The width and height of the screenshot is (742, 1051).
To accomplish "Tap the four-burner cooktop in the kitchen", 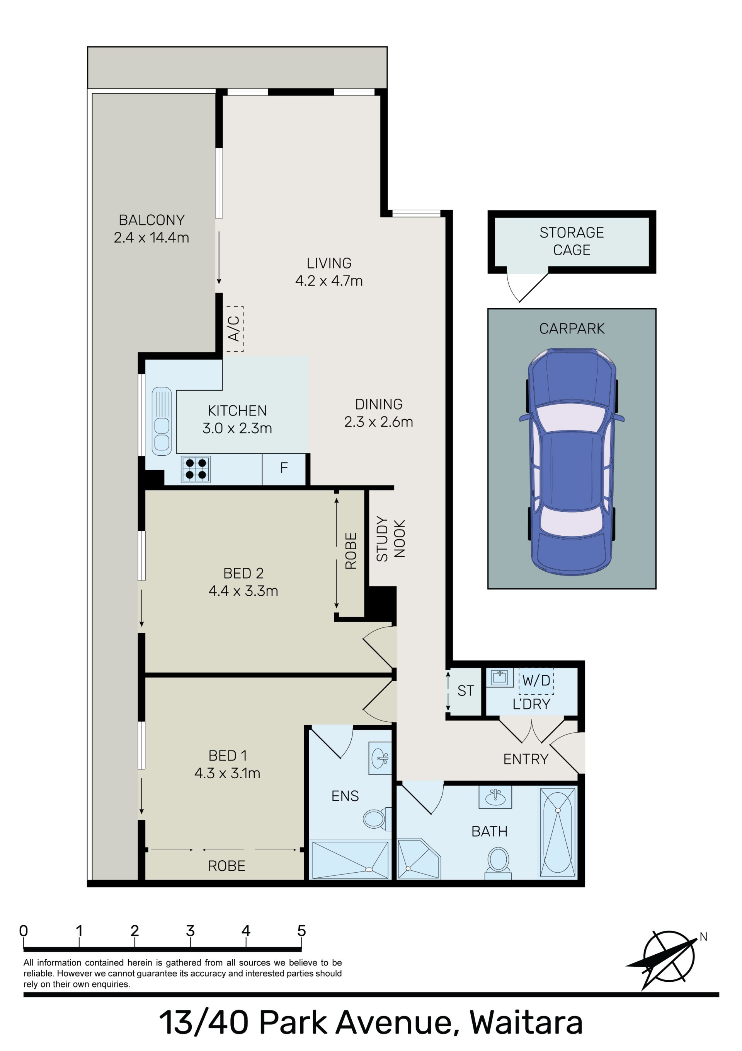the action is click(196, 469).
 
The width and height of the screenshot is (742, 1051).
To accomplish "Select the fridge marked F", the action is click(284, 468).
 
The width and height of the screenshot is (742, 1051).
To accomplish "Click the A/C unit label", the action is click(233, 329).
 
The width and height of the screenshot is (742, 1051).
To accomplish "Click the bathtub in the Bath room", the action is click(558, 832).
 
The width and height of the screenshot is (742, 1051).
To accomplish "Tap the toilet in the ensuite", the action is click(377, 819).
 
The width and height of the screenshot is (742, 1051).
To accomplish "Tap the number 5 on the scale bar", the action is click(301, 931).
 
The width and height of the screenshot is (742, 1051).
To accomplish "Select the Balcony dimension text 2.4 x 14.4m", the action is click(151, 238).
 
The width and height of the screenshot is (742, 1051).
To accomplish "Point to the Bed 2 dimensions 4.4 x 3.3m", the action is click(243, 591).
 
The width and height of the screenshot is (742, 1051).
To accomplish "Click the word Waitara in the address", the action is click(526, 1023).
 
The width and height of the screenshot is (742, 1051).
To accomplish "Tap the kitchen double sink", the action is click(162, 422).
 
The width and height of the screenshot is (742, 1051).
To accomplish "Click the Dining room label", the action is click(379, 404).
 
